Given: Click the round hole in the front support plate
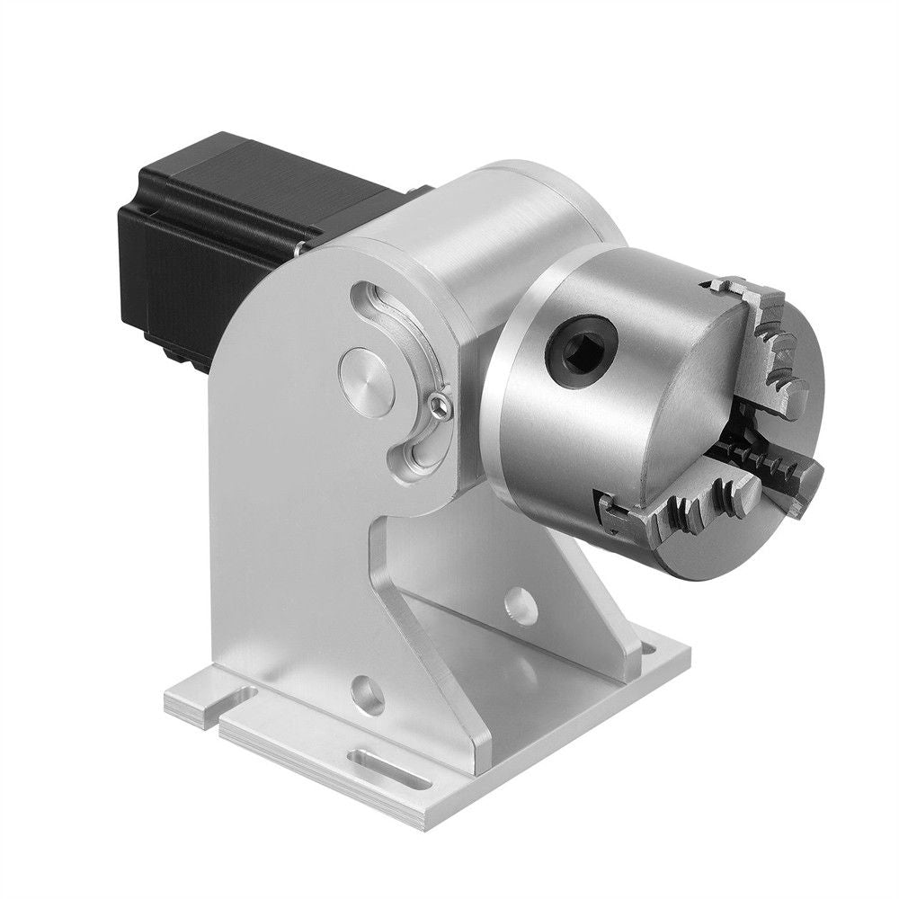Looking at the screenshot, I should (x=365, y=692).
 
